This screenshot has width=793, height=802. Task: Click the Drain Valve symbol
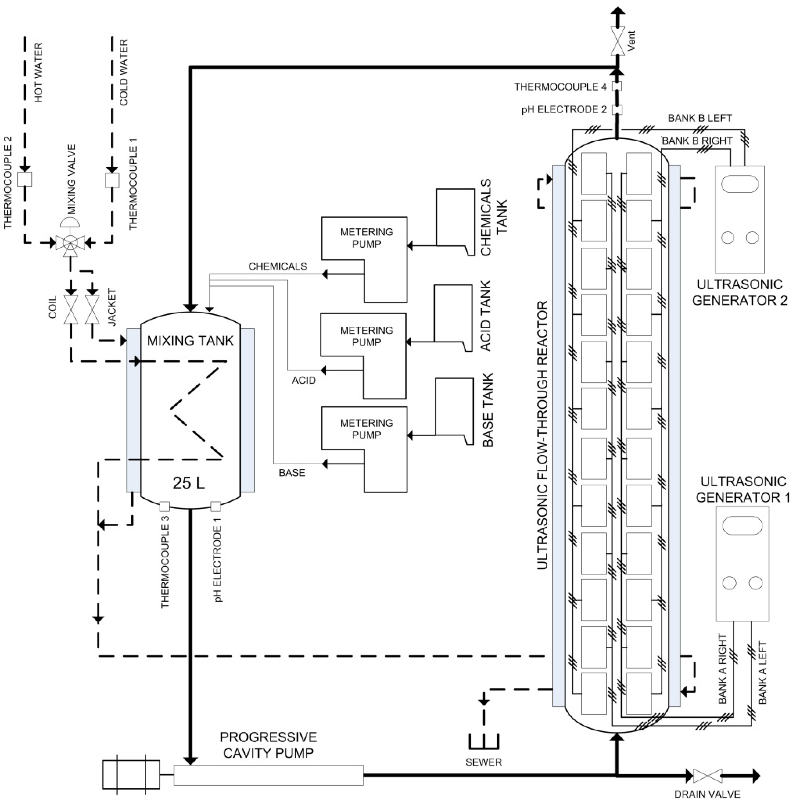pos(707,775)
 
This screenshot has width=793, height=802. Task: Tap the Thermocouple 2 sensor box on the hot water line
pos(25,179)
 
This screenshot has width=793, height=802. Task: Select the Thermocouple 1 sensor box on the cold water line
pos(112,180)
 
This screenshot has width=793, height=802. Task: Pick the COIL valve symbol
pos(71,310)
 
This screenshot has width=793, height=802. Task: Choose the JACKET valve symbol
pos(92,310)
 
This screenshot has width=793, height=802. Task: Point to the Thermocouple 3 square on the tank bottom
pos(164,507)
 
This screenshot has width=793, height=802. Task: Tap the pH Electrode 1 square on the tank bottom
pos(216,507)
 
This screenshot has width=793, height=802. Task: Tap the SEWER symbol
pos(484,742)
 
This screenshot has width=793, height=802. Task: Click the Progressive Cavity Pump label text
pos(268,745)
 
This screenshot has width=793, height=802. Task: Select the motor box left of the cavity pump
pos(131,774)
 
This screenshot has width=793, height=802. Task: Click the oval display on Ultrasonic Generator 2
pos(740,184)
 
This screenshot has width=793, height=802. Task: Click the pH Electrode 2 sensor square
pos(617,110)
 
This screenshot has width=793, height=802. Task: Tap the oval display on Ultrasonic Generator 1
pos(742,525)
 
